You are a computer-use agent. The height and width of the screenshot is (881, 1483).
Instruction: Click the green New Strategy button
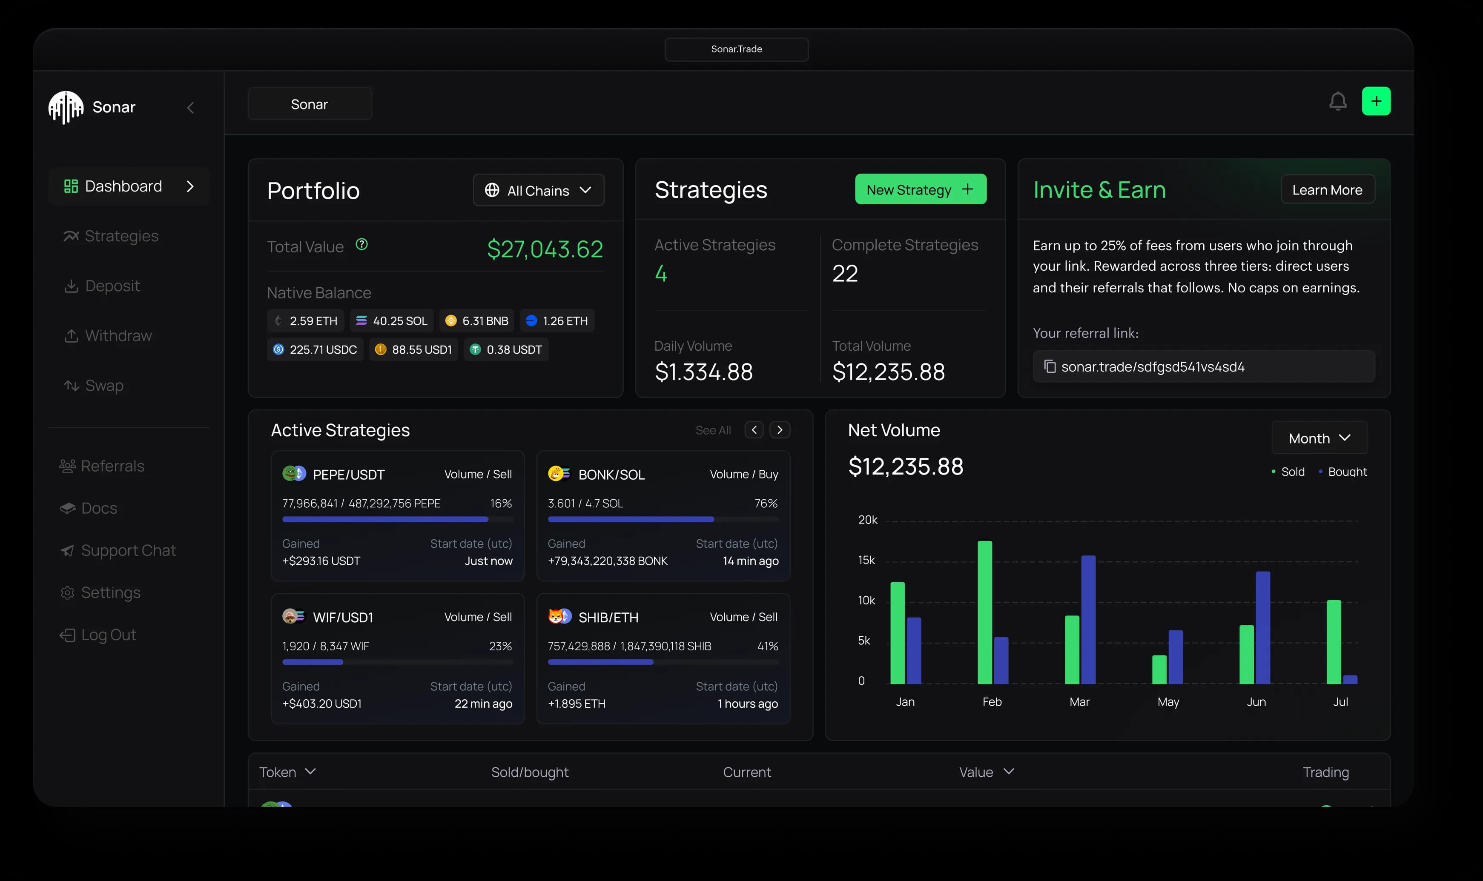point(920,189)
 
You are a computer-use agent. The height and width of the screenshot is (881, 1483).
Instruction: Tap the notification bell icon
point(1337,102)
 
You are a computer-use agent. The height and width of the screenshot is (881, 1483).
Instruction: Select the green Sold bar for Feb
point(985,612)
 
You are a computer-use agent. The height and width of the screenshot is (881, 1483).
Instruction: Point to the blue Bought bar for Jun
point(1263,627)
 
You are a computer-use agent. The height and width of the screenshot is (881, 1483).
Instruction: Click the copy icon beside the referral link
point(1050,367)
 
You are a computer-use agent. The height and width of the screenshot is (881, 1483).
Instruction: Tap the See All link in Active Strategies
point(713,430)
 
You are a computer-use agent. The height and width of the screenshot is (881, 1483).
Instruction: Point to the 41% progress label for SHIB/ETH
point(767,646)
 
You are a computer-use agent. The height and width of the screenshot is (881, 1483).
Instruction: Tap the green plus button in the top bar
point(1376,102)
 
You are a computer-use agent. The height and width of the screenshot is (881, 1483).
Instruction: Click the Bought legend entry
point(1346,472)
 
